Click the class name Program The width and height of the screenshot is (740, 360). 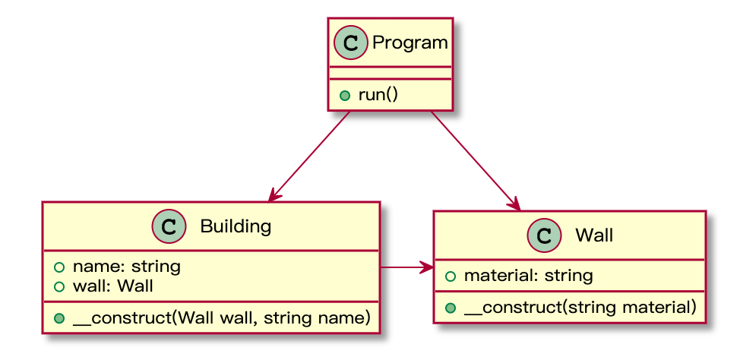tap(410, 43)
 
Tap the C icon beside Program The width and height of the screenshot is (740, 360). tap(351, 43)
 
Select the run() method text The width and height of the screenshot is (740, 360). tap(378, 95)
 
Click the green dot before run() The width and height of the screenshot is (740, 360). tap(345, 96)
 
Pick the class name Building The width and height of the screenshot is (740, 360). tap(236, 226)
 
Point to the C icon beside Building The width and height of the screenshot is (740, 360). tap(169, 226)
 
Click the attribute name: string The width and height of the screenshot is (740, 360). tap(126, 267)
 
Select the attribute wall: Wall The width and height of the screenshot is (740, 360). tap(112, 286)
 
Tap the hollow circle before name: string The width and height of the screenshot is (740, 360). tap(59, 267)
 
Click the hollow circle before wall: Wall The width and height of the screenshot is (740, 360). tap(59, 286)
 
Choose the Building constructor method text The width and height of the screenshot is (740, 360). tap(221, 318)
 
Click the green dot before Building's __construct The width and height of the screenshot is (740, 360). tap(59, 318)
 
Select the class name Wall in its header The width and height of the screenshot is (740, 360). tap(593, 235)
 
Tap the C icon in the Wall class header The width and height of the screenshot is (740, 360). tap(544, 235)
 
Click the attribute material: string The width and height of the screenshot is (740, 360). tap(529, 276)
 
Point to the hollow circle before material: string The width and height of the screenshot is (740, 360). tap(451, 276)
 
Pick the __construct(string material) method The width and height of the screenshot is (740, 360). tap(580, 308)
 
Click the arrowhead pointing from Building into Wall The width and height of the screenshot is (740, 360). tap(427, 267)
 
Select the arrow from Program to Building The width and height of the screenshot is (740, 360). tap(309, 156)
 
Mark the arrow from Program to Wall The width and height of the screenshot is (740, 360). tap(476, 160)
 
